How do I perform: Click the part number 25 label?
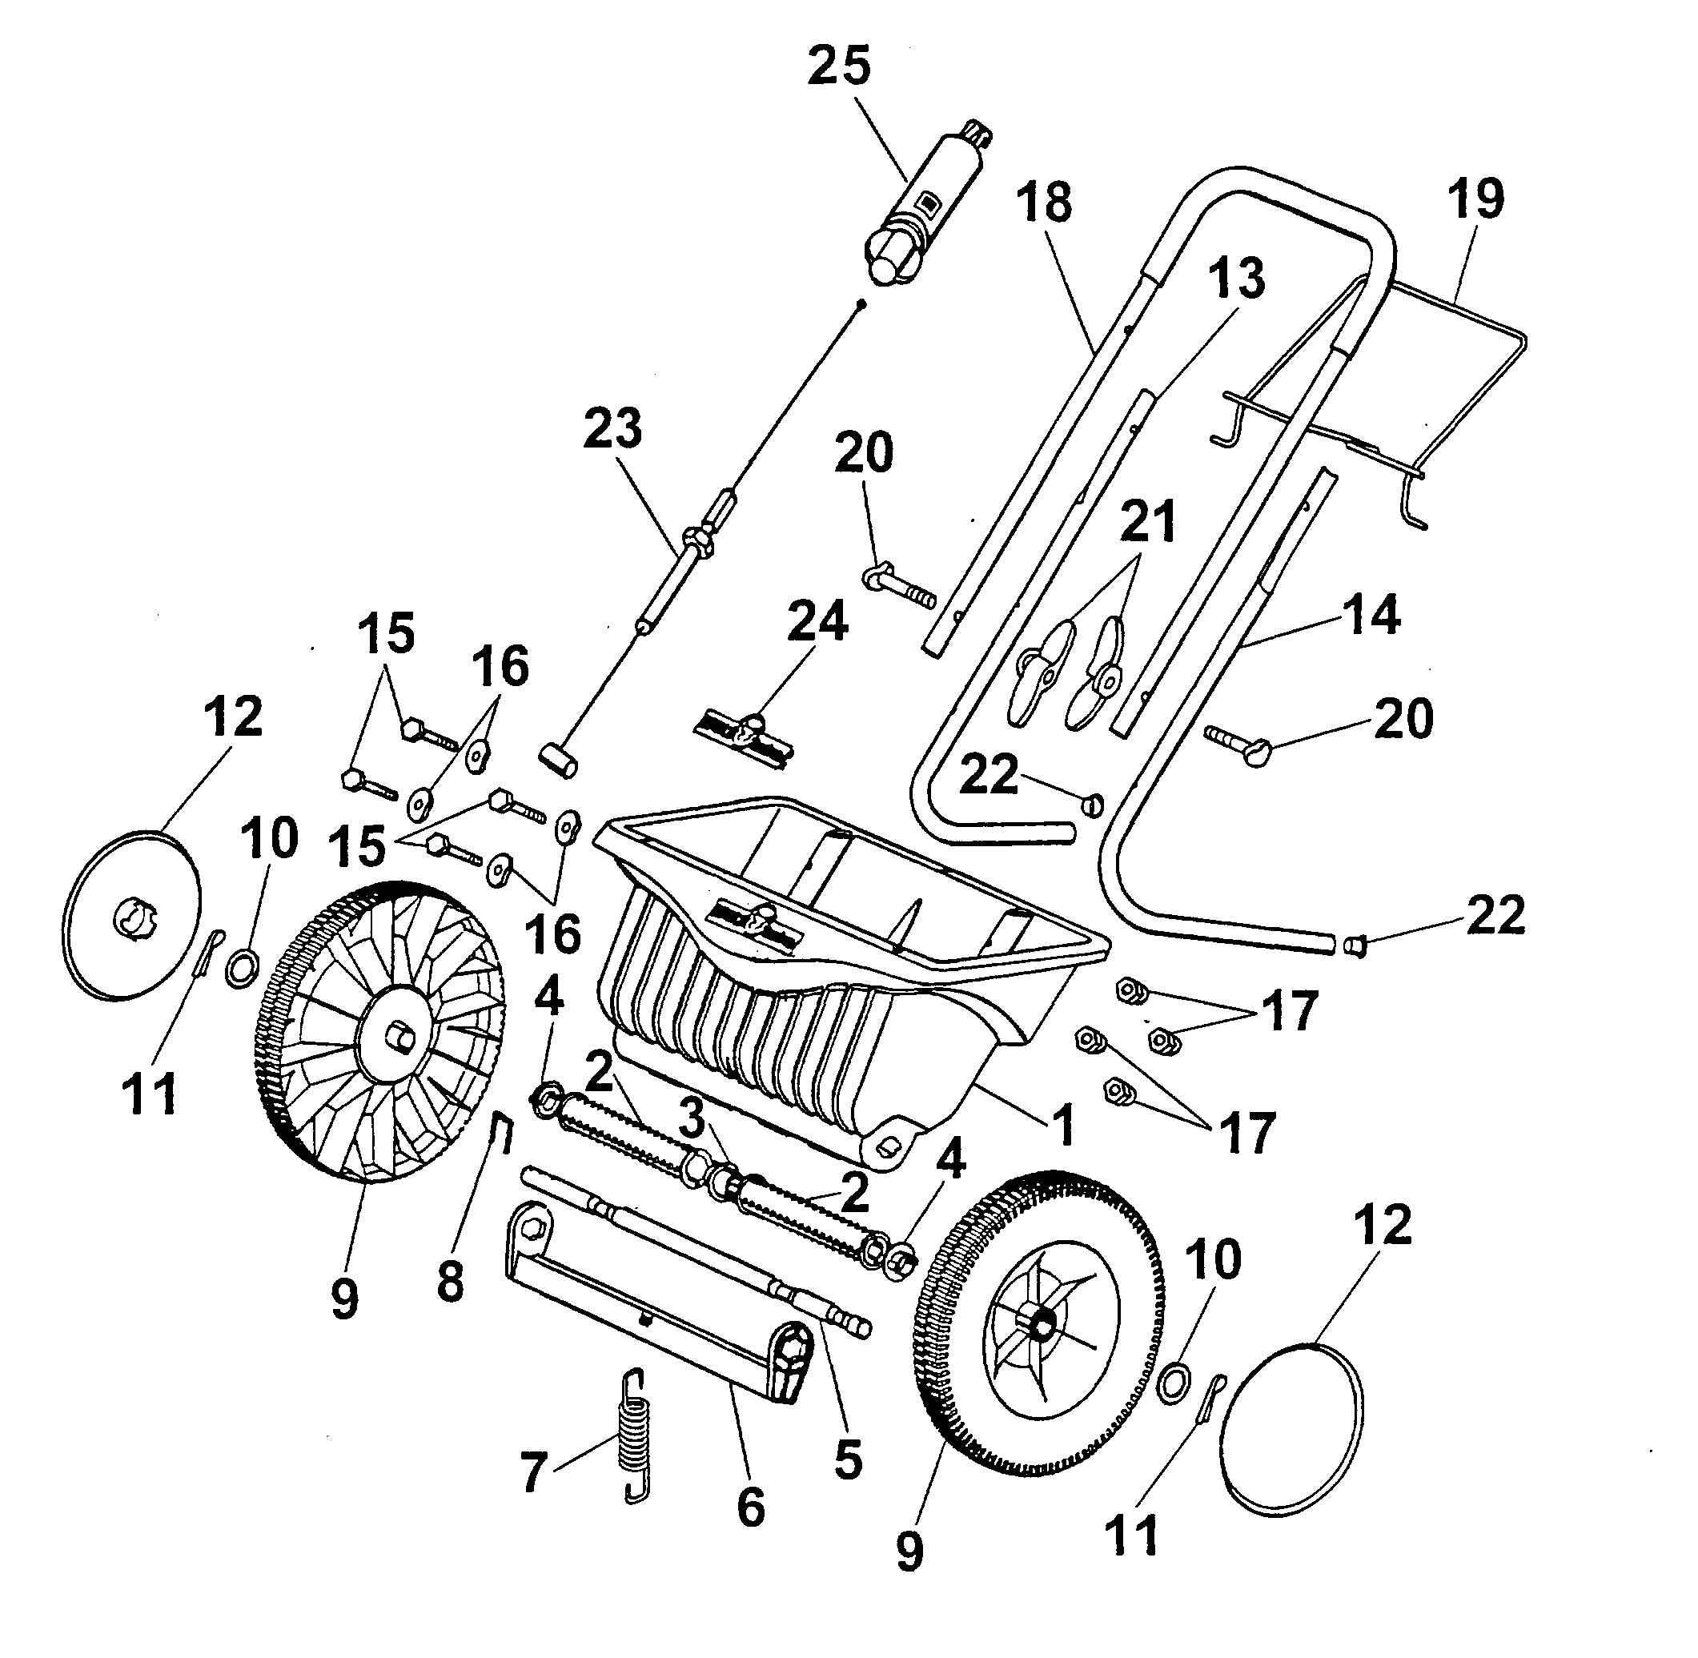[838, 66]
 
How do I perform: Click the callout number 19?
[1475, 199]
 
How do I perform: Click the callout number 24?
[817, 624]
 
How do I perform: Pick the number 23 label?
[612, 429]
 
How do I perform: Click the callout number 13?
[1237, 279]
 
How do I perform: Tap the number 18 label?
[1044, 202]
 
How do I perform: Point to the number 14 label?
[1371, 615]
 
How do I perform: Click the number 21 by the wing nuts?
[1148, 520]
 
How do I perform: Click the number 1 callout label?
[1064, 1125]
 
